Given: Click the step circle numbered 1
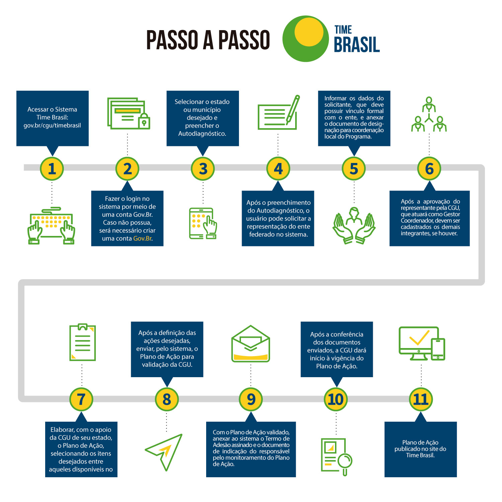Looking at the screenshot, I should coord(52,169).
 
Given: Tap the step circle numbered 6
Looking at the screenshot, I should coord(429,169).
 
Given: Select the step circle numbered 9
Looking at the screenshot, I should coord(251,399).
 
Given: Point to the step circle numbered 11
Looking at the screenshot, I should coord(421,399).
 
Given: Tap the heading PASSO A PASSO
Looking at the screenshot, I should coord(208,40).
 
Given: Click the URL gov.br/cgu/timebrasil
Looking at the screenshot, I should coord(52,125).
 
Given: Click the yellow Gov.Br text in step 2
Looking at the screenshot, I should coord(143,239).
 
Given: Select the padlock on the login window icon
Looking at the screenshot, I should coord(144,121).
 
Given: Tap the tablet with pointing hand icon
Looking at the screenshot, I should coord(203,224).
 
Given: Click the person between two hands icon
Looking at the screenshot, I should coord(354,225).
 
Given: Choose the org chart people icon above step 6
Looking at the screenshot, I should coord(429,114).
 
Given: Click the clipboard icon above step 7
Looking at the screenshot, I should coord(82,342).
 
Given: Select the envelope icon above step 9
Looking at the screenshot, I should coord(251,344).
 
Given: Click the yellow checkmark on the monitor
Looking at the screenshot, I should coord(419,338).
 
